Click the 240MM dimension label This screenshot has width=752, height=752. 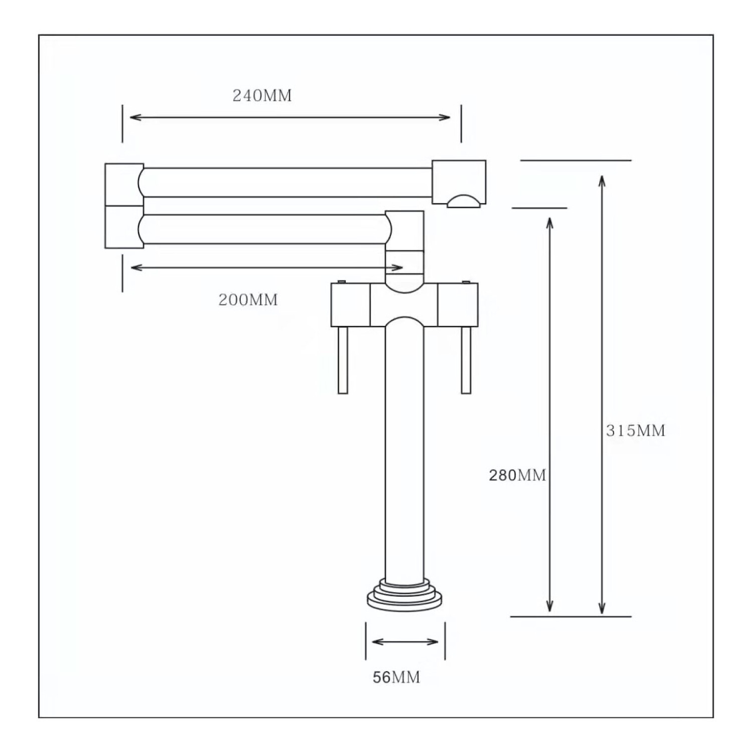(262, 95)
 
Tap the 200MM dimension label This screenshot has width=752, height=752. (248, 300)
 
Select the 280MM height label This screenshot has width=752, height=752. (517, 475)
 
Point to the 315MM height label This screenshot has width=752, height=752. (635, 431)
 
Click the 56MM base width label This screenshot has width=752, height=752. (396, 677)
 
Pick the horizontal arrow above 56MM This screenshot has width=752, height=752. (405, 642)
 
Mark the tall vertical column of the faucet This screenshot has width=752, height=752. (405, 451)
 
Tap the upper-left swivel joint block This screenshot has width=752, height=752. (124, 184)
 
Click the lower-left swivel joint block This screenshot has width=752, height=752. (124, 227)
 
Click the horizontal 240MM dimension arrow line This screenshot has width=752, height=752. (290, 117)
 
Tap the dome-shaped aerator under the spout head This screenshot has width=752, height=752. (466, 201)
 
